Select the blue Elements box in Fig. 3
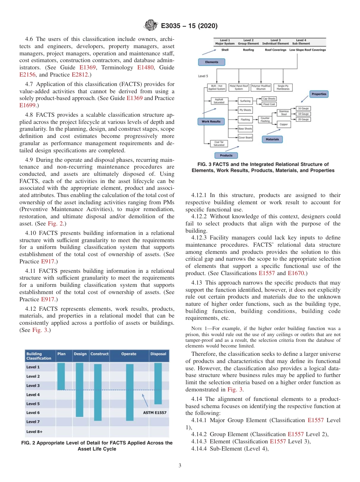point(211,62)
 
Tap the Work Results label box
point(211,122)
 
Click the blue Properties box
point(319,94)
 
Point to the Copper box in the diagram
point(283,124)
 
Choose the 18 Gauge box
point(303,114)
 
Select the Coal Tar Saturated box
point(219,143)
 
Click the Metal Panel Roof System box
point(239,88)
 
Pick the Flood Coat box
point(269,104)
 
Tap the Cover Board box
point(245,138)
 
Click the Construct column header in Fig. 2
point(99,354)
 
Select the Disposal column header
point(158,354)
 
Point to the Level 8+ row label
point(34,431)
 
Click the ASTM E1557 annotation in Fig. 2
point(155,413)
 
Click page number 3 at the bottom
point(180,465)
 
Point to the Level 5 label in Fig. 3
point(203,76)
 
